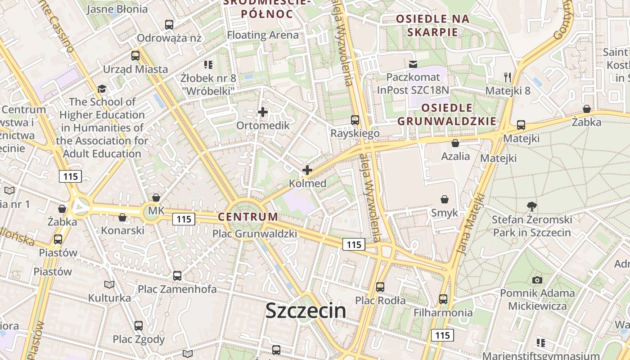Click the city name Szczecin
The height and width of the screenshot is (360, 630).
306,311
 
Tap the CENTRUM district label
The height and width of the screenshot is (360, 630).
248,216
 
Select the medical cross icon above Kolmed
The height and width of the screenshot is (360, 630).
307,170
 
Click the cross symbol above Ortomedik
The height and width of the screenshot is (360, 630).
263,112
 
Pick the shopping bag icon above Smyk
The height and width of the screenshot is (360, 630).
445,199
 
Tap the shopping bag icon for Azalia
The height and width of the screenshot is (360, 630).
455,143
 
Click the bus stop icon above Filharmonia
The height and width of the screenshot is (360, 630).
443,299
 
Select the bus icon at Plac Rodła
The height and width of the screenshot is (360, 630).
380,287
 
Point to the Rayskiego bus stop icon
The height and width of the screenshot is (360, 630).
355,120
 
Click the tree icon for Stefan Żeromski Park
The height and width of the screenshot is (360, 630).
532,207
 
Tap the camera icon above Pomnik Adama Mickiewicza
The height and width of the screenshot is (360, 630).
537,280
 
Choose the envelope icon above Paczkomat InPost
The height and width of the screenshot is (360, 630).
413,64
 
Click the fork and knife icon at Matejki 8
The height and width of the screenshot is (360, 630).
508,77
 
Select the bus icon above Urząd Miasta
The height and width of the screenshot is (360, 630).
135,56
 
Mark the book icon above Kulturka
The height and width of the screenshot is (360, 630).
109,284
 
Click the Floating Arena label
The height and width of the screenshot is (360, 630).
263,35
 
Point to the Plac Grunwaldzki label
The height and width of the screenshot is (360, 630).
255,234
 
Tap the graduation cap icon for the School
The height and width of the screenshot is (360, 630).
102,89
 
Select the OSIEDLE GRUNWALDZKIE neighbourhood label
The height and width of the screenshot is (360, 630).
447,114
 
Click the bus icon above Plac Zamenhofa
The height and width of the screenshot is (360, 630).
177,275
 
